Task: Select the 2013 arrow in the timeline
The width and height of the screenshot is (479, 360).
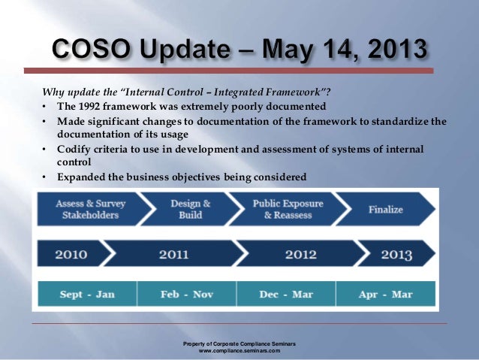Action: coord(395,254)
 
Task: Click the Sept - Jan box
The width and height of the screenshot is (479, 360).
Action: coord(87,294)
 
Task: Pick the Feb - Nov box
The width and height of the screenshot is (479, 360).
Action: coord(186,294)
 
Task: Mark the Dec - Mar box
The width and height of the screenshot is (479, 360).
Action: coord(285,294)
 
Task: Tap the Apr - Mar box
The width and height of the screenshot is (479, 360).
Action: coord(384,294)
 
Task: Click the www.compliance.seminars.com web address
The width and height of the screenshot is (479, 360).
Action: coord(239,350)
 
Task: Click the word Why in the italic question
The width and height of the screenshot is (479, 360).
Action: coord(51,92)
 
